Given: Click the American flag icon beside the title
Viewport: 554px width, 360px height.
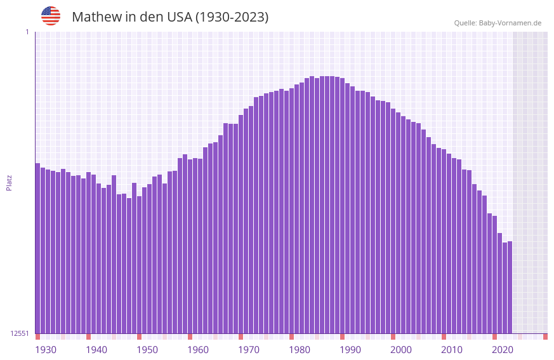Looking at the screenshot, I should (x=51, y=16).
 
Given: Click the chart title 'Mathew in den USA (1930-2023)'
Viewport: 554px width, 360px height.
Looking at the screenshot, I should (x=170, y=17).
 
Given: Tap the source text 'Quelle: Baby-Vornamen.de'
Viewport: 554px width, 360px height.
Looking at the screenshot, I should (x=498, y=23).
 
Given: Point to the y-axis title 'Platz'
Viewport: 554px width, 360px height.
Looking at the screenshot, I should (x=9, y=182).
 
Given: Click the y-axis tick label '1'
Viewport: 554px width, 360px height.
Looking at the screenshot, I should (x=27, y=32).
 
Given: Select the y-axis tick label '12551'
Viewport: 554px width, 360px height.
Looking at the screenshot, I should (x=20, y=333).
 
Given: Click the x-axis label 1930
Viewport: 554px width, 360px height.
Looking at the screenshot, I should (x=46, y=350).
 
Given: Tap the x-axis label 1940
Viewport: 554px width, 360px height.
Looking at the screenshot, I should (x=96, y=350).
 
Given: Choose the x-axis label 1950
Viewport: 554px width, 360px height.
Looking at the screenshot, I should (x=147, y=350).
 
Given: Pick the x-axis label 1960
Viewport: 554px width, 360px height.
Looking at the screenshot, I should (x=198, y=350).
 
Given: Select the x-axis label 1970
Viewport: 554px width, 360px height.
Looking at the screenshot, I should (x=249, y=350).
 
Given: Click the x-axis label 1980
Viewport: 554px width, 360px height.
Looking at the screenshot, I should (x=300, y=350).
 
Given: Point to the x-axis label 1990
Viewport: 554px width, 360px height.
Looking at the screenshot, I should (x=350, y=350).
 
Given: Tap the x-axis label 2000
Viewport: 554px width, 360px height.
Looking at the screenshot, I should (x=401, y=350).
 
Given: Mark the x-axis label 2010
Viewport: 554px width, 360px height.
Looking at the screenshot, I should (x=452, y=350).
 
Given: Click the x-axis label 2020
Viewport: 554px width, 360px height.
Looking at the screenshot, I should (x=503, y=350).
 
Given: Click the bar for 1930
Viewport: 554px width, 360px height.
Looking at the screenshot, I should (x=37, y=248).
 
